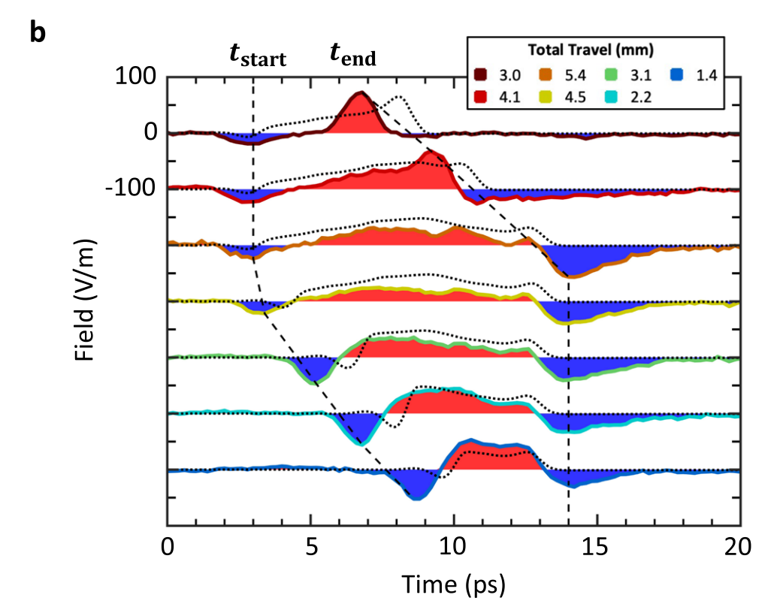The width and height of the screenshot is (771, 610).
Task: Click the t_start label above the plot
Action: [258, 56]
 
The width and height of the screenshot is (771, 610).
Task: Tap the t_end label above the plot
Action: [353, 55]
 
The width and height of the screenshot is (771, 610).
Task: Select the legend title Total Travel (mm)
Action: [589, 50]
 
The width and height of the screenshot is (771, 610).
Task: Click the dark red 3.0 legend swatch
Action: [482, 74]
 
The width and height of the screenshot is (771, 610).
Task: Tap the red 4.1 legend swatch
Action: [482, 95]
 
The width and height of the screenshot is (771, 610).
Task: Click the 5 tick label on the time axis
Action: [310, 548]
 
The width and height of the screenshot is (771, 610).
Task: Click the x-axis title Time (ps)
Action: [452, 583]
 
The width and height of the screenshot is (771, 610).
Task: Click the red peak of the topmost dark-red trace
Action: [361, 94]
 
